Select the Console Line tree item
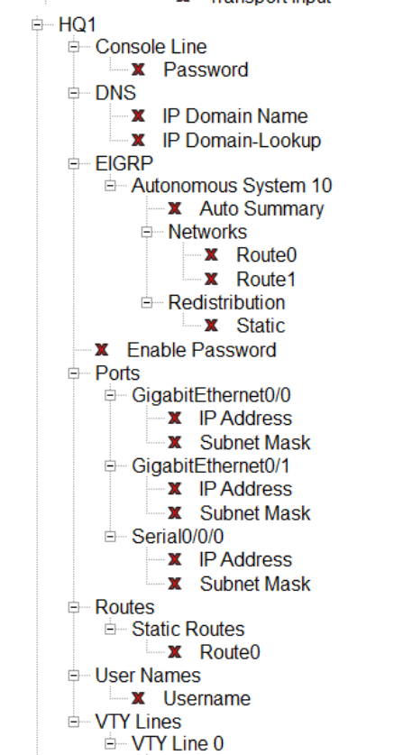pyautogui.click(x=151, y=46)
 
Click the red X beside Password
pyautogui.click(x=139, y=69)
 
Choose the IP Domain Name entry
pyautogui.click(x=234, y=116)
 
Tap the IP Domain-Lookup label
pyautogui.click(x=241, y=140)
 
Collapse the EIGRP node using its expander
pyautogui.click(x=74, y=163)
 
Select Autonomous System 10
pyautogui.click(x=232, y=186)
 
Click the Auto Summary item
pyautogui.click(x=261, y=209)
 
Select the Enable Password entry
pyautogui.click(x=201, y=350)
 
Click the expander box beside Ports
pyautogui.click(x=74, y=373)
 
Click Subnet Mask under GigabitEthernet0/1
pyautogui.click(x=255, y=513)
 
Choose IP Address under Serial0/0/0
pyautogui.click(x=245, y=560)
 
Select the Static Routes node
pyautogui.click(x=188, y=629)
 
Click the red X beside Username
pyautogui.click(x=139, y=698)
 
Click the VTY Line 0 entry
pyautogui.click(x=178, y=744)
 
